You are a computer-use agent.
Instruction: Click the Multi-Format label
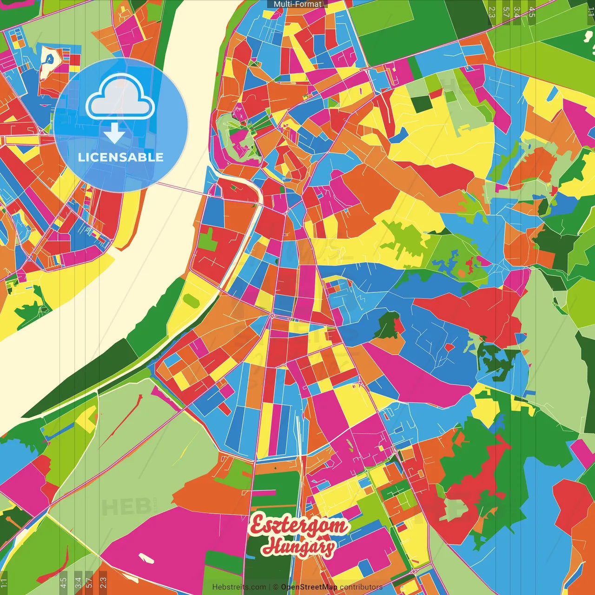coord(297,4)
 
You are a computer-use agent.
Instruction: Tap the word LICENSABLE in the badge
coord(120,157)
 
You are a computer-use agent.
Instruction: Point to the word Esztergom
coord(298,525)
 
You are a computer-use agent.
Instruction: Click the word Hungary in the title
coord(298,547)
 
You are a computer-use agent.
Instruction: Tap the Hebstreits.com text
coord(239,587)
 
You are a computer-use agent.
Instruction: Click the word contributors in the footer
coord(361,587)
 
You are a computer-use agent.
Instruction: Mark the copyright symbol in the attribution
coord(275,587)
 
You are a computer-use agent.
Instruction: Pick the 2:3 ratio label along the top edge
coord(492,12)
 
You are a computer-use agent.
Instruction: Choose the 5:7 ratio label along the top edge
coord(506,12)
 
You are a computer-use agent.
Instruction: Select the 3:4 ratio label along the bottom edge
coord(78,582)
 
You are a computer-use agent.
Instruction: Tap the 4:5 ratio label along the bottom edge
coord(63,582)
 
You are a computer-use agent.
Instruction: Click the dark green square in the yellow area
coord(421,104)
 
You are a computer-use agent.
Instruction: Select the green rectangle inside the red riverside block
coord(209,238)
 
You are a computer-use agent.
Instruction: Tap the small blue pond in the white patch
coord(48,59)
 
